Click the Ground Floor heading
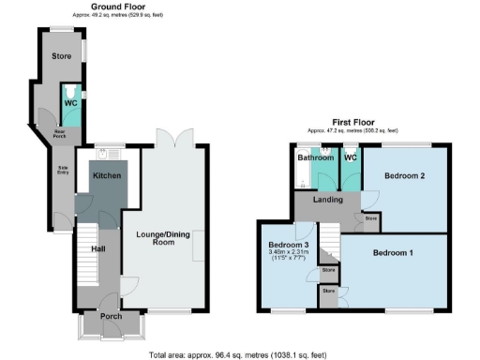pyautogui.click(x=117, y=7)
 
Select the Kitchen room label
pyautogui.click(x=106, y=175)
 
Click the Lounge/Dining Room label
pyautogui.click(x=163, y=238)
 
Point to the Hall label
pyautogui.click(x=97, y=249)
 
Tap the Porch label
pyautogui.click(x=111, y=316)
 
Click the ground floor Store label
pyautogui.click(x=61, y=55)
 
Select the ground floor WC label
pyautogui.click(x=70, y=103)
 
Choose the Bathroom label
pyautogui.click(x=316, y=157)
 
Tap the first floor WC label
pyautogui.click(x=351, y=157)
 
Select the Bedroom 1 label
pyautogui.click(x=395, y=252)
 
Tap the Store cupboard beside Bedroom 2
pyautogui.click(x=370, y=218)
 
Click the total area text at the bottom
pyautogui.click(x=240, y=354)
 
